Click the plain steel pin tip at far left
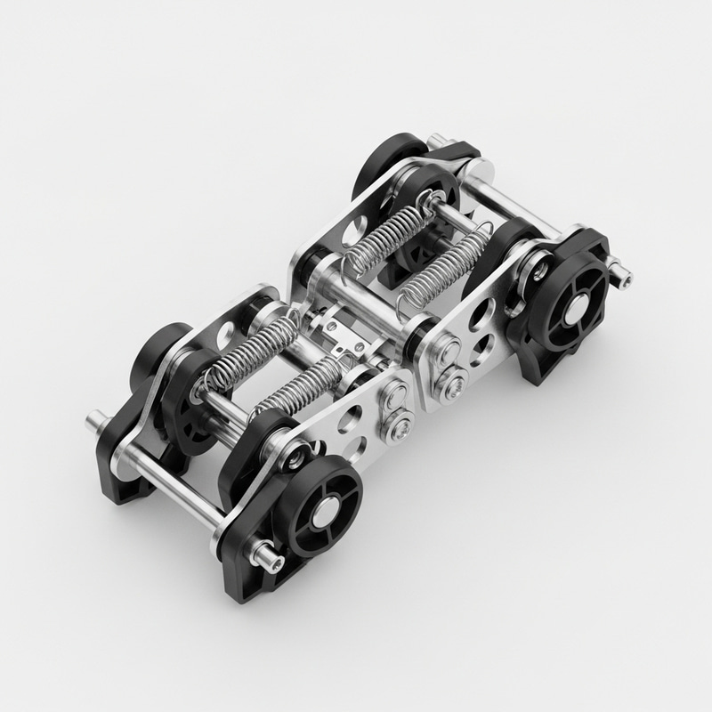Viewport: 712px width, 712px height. [94, 417]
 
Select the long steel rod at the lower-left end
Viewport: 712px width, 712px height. [178, 481]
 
